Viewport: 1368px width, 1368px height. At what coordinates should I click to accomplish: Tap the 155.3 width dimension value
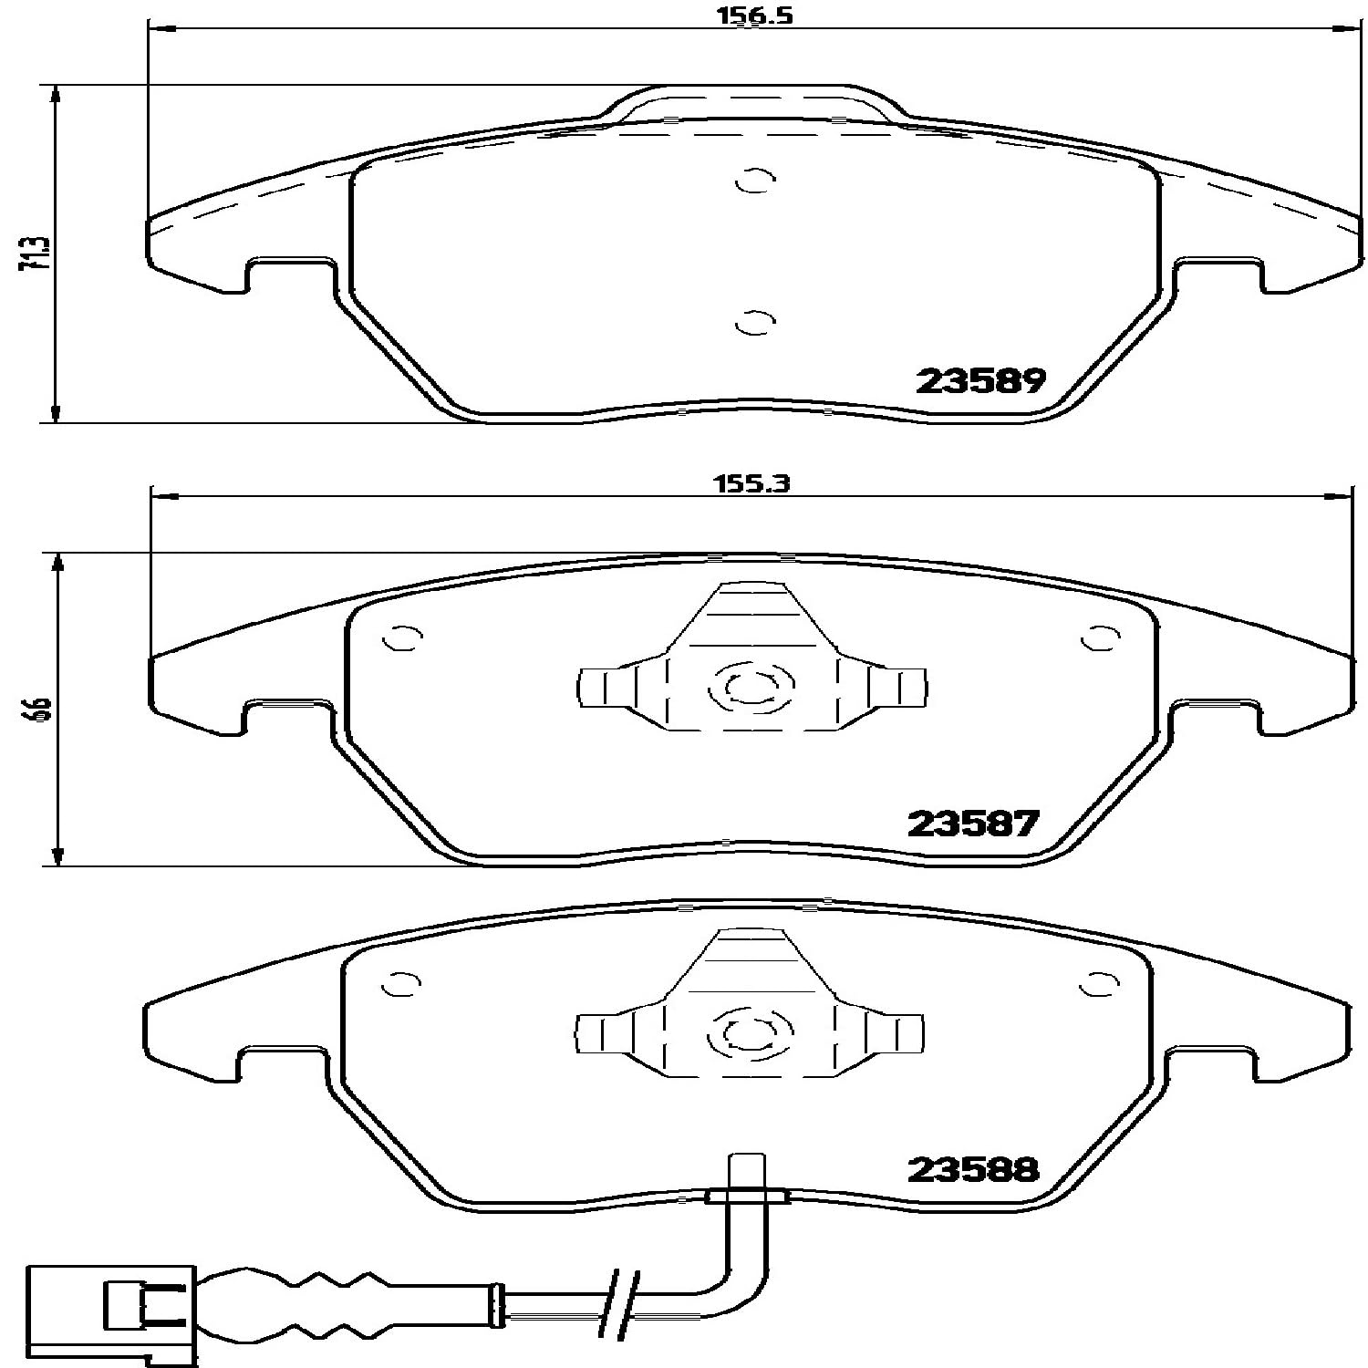(x=751, y=484)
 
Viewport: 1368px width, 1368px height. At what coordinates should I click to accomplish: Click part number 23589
(x=980, y=381)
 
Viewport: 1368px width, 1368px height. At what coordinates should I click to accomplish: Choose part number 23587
(x=973, y=824)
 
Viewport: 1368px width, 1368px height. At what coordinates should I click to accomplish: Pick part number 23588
(x=973, y=1169)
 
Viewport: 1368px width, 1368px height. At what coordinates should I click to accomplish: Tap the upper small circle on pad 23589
(x=754, y=181)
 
